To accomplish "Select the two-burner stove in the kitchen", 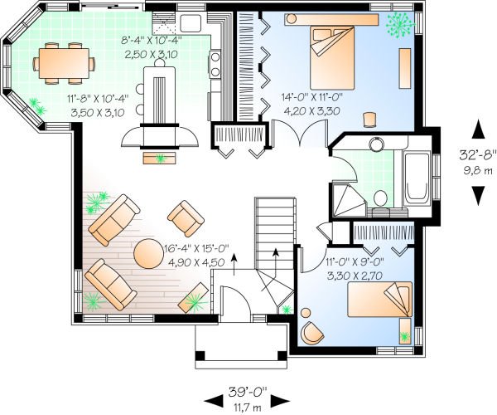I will [215, 61].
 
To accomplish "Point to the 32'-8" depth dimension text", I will [478, 154].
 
